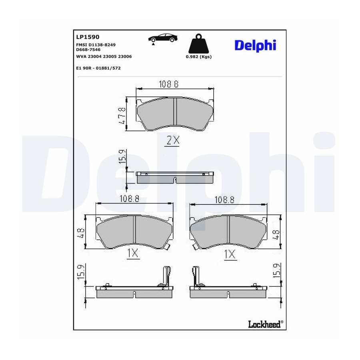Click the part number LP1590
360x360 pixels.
pos(88,37)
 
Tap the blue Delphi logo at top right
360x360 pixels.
pos(255,46)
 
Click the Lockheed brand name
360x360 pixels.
pos(264,324)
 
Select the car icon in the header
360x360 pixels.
pos(163,38)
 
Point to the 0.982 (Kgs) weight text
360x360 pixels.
pos(198,57)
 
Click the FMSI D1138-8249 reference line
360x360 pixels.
pos(96,45)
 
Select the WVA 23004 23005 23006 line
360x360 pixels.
pos(104,56)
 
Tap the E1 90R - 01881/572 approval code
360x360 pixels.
pos(98,68)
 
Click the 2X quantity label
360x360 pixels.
pos(173,140)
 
